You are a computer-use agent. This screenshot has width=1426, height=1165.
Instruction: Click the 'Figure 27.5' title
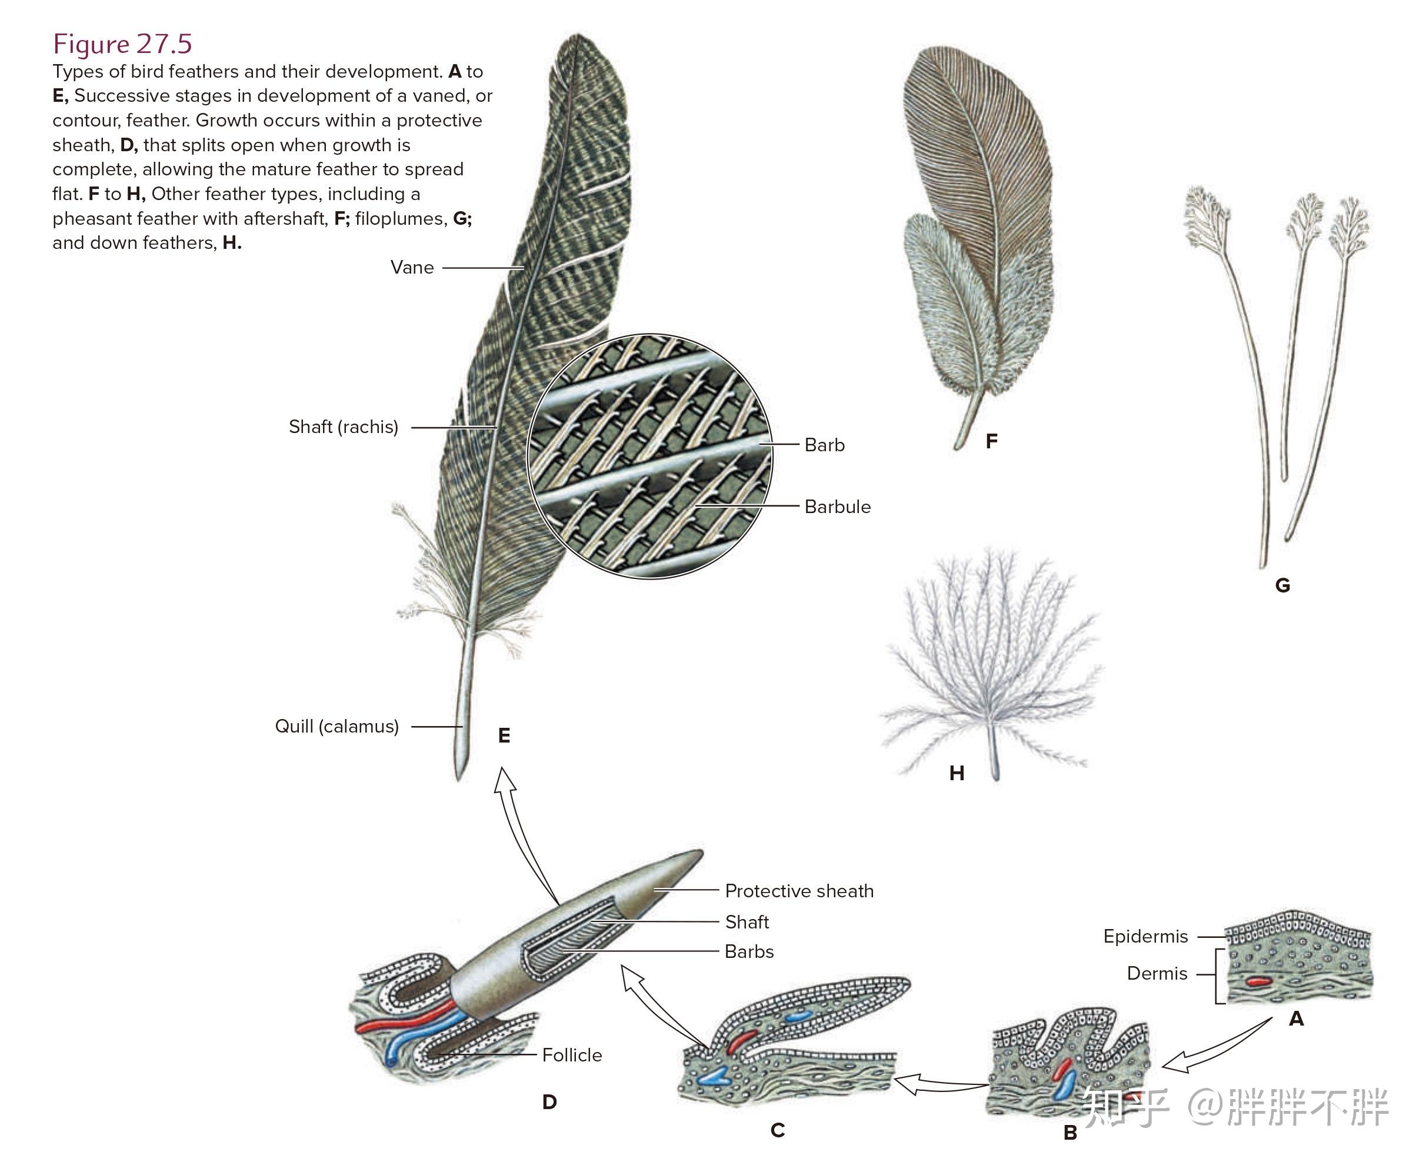coord(122,44)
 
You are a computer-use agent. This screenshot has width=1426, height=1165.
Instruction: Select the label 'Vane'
coord(412,268)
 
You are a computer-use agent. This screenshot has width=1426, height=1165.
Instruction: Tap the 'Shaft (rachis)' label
coord(343,427)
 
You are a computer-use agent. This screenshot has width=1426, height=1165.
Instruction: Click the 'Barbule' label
coord(837,507)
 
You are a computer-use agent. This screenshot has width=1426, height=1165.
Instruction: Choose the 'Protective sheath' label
coord(798,891)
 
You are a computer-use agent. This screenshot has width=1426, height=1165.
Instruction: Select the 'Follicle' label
coord(572,1055)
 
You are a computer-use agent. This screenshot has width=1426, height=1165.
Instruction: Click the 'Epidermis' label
coord(1145,936)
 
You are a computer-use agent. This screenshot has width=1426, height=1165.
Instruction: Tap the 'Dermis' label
coord(1156,973)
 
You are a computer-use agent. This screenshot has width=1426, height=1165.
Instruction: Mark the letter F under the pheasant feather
coord(991,441)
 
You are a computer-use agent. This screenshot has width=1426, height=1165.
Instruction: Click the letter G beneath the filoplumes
coord(1282,585)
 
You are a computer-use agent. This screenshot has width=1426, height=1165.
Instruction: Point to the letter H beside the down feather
coord(957,773)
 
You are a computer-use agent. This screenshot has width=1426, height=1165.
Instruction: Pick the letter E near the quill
coord(504,735)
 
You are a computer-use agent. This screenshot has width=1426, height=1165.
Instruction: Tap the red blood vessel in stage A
coord(1258,981)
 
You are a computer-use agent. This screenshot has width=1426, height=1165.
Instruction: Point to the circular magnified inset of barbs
coord(649,457)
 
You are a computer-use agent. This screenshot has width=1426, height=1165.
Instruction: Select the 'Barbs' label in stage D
coord(749,951)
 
